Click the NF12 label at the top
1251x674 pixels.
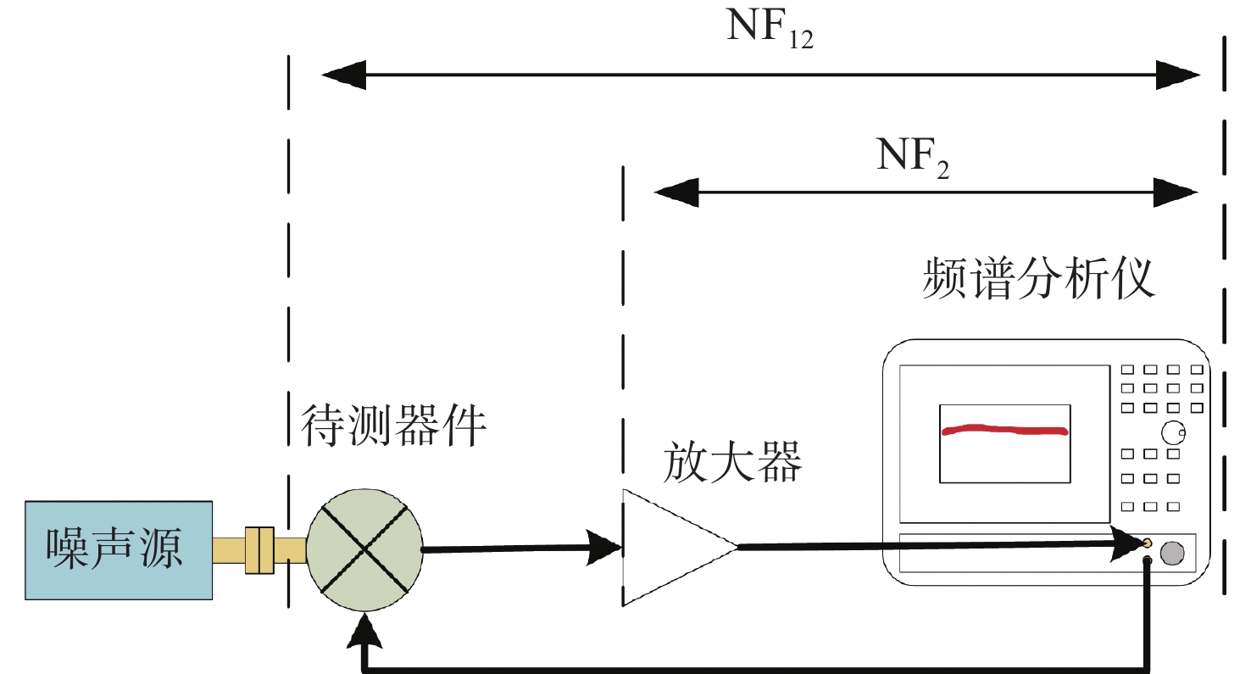(x=770, y=28)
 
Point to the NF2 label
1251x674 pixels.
(x=913, y=157)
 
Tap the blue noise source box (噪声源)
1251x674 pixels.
(x=119, y=550)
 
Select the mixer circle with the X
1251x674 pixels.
(x=364, y=550)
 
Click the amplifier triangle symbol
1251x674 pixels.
(x=670, y=547)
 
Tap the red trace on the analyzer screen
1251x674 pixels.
(x=1004, y=430)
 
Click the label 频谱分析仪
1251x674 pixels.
(x=1038, y=278)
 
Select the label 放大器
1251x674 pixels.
(x=732, y=461)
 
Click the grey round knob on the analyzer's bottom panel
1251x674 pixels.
(x=1172, y=553)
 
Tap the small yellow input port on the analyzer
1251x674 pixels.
(x=1147, y=543)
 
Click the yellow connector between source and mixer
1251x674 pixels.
(x=259, y=550)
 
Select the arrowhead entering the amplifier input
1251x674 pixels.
(x=603, y=547)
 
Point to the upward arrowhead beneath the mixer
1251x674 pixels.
(x=364, y=631)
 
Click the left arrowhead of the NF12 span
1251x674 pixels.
(x=344, y=75)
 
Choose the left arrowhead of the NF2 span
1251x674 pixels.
(x=676, y=192)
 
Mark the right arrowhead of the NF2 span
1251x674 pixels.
(x=1176, y=192)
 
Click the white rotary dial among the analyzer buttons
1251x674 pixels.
(x=1173, y=432)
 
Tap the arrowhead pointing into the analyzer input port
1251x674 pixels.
(x=1126, y=543)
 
